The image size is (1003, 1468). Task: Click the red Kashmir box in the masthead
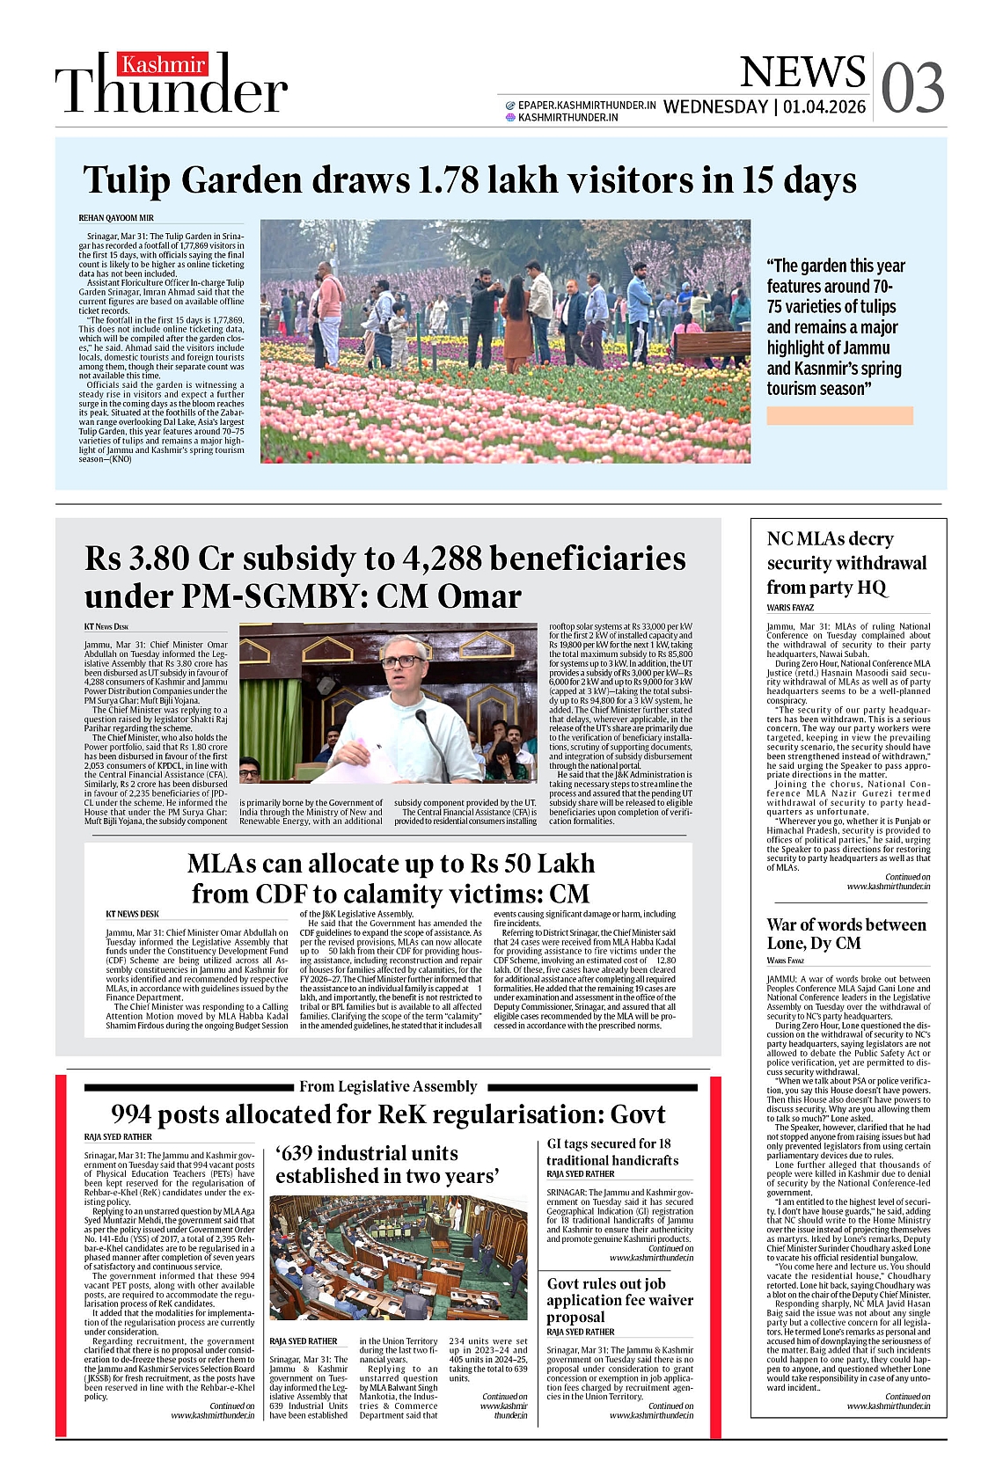point(164,64)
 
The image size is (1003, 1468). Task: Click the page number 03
point(912,88)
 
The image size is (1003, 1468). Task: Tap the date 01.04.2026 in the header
point(824,107)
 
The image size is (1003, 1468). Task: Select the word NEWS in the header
point(802,72)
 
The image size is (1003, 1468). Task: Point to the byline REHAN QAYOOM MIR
point(116,218)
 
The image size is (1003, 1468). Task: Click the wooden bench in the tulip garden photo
point(712,344)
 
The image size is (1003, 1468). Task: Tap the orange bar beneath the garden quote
point(839,416)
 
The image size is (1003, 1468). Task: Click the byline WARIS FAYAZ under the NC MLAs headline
point(790,608)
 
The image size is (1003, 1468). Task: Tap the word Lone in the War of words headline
point(787,943)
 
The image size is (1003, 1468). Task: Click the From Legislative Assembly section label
point(388,1086)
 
